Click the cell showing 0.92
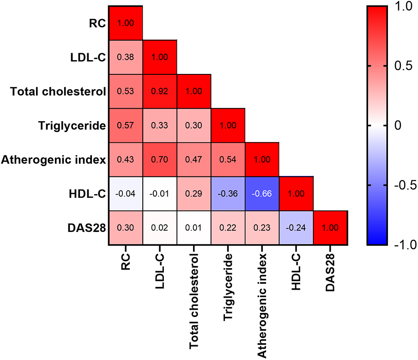pyautogui.click(x=159, y=91)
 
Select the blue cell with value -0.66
pyautogui.click(x=262, y=194)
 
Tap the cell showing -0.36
pyautogui.click(x=228, y=194)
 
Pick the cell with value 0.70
pyautogui.click(x=159, y=159)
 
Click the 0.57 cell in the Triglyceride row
pyautogui.click(x=125, y=125)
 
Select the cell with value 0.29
pyautogui.click(x=194, y=194)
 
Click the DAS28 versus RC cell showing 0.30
pyautogui.click(x=125, y=228)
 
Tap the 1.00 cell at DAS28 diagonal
pyautogui.click(x=331, y=228)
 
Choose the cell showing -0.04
pyautogui.click(x=125, y=194)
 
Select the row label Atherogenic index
pyautogui.click(x=53, y=159)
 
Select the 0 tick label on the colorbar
pyautogui.click(x=398, y=125)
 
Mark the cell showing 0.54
pyautogui.click(x=228, y=159)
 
